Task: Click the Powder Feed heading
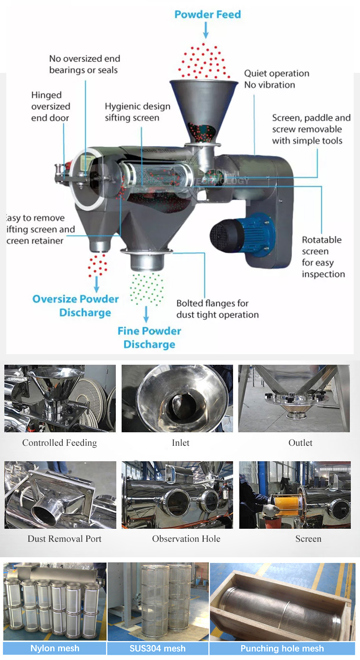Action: coord(208,14)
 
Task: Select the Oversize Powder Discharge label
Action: coord(76,305)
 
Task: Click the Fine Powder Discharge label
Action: coord(149,338)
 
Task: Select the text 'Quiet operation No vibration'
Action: coord(276,79)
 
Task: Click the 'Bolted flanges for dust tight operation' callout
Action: coord(217,309)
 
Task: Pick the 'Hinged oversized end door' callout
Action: coord(51,107)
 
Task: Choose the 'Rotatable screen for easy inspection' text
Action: coord(323,257)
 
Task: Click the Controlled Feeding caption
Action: coord(59,443)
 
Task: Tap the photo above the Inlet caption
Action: coord(177,399)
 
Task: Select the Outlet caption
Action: coord(300,443)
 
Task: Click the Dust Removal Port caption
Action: coord(65,539)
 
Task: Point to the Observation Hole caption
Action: coord(186,539)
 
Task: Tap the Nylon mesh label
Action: coord(55,648)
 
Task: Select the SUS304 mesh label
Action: coord(157,648)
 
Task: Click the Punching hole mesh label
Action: coord(282,648)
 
